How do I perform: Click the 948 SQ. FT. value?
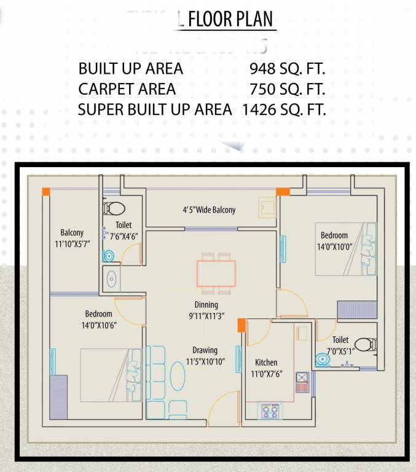point(287,68)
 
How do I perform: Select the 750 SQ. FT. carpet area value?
point(287,89)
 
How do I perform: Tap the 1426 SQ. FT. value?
point(283,110)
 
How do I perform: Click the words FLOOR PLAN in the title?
point(230,20)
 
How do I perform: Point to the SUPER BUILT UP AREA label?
point(155,110)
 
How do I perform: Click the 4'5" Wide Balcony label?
point(209,210)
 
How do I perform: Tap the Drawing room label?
point(205,350)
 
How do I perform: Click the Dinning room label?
point(206,305)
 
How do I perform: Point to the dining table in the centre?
point(216,272)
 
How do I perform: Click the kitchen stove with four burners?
point(270,410)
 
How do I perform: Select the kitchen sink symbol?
point(302,382)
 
